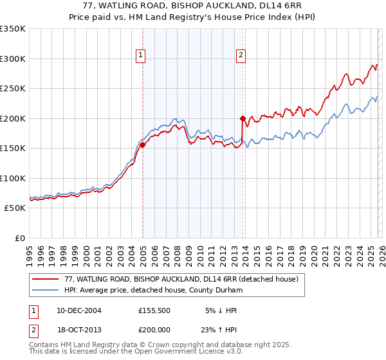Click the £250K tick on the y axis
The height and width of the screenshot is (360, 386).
point(13,88)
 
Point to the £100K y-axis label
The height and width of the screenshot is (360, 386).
point(13,178)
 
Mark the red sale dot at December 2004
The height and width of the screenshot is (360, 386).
point(142,145)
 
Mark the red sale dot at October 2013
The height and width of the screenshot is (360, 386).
point(243,118)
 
